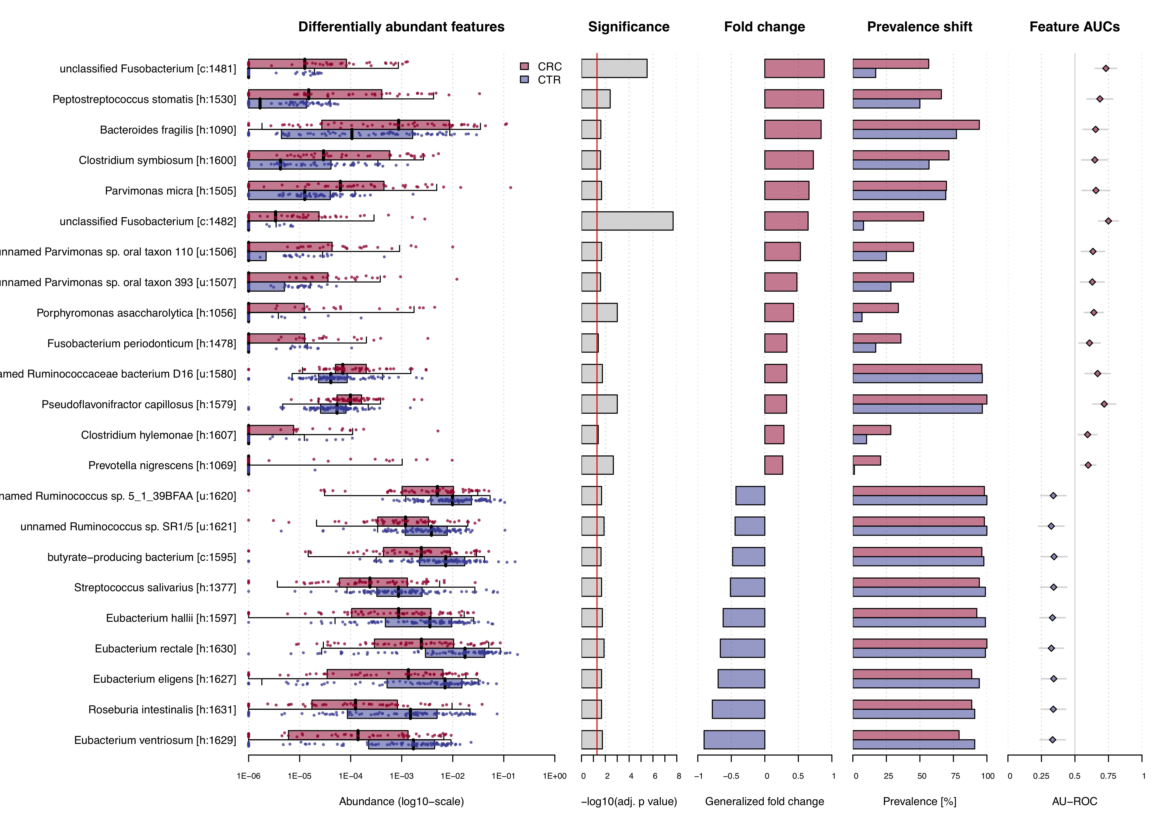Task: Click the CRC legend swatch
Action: point(524,66)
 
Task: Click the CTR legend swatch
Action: point(524,80)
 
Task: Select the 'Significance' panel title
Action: point(629,27)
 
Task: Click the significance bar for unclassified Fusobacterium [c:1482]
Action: point(627,221)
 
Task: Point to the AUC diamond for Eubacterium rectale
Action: point(1051,648)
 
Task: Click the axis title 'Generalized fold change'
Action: point(764,801)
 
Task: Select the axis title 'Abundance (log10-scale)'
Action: point(401,801)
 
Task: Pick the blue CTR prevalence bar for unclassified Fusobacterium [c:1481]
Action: point(864,73)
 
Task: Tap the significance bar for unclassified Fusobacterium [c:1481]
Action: point(614,68)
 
